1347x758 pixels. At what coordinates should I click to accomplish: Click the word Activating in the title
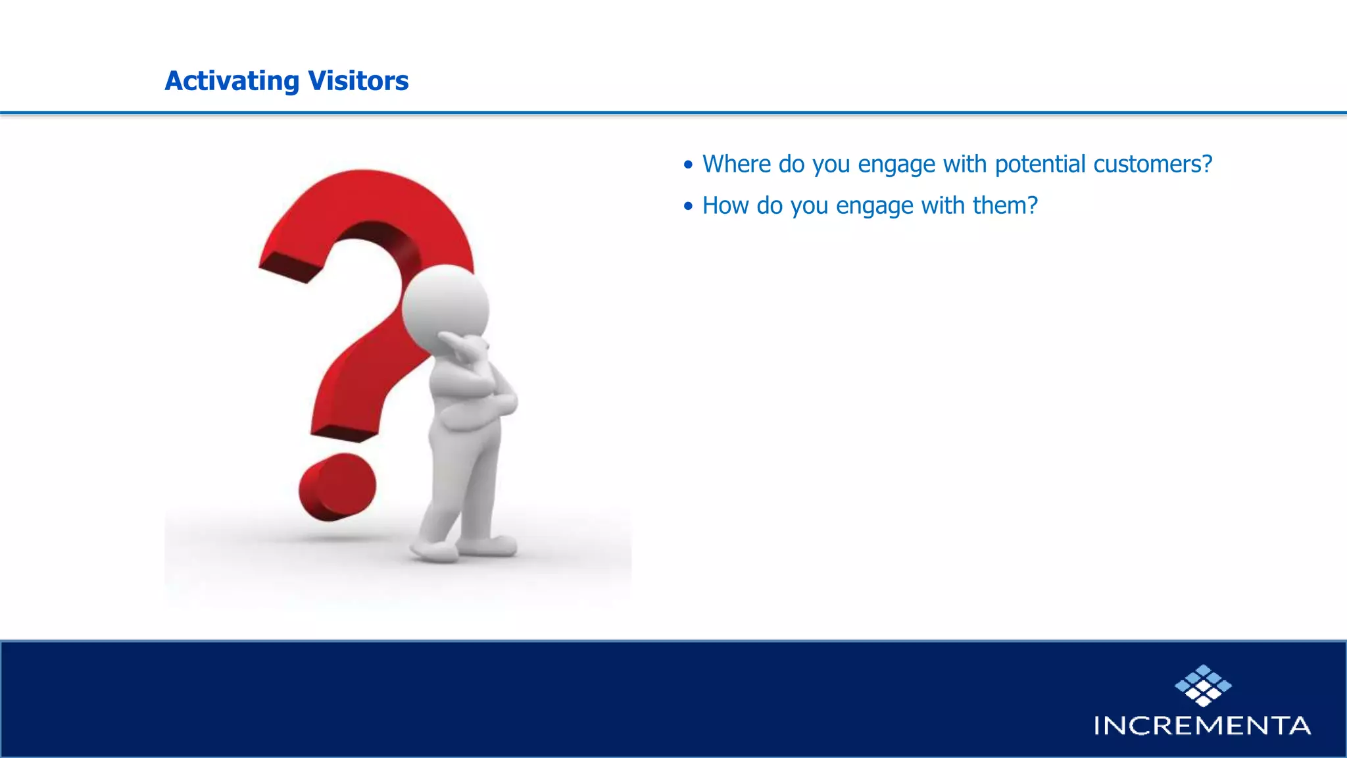[x=232, y=81]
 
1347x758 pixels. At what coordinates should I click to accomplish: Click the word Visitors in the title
[x=358, y=81]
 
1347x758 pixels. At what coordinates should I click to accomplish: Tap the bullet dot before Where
[x=688, y=165]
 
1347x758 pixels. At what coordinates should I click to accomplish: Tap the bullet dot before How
[x=688, y=207]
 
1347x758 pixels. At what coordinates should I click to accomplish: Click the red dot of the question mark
[x=337, y=487]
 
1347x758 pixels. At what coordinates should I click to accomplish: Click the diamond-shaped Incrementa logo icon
[x=1203, y=686]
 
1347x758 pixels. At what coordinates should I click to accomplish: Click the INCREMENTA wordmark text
[x=1202, y=726]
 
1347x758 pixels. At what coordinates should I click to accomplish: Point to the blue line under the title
[x=673, y=113]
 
